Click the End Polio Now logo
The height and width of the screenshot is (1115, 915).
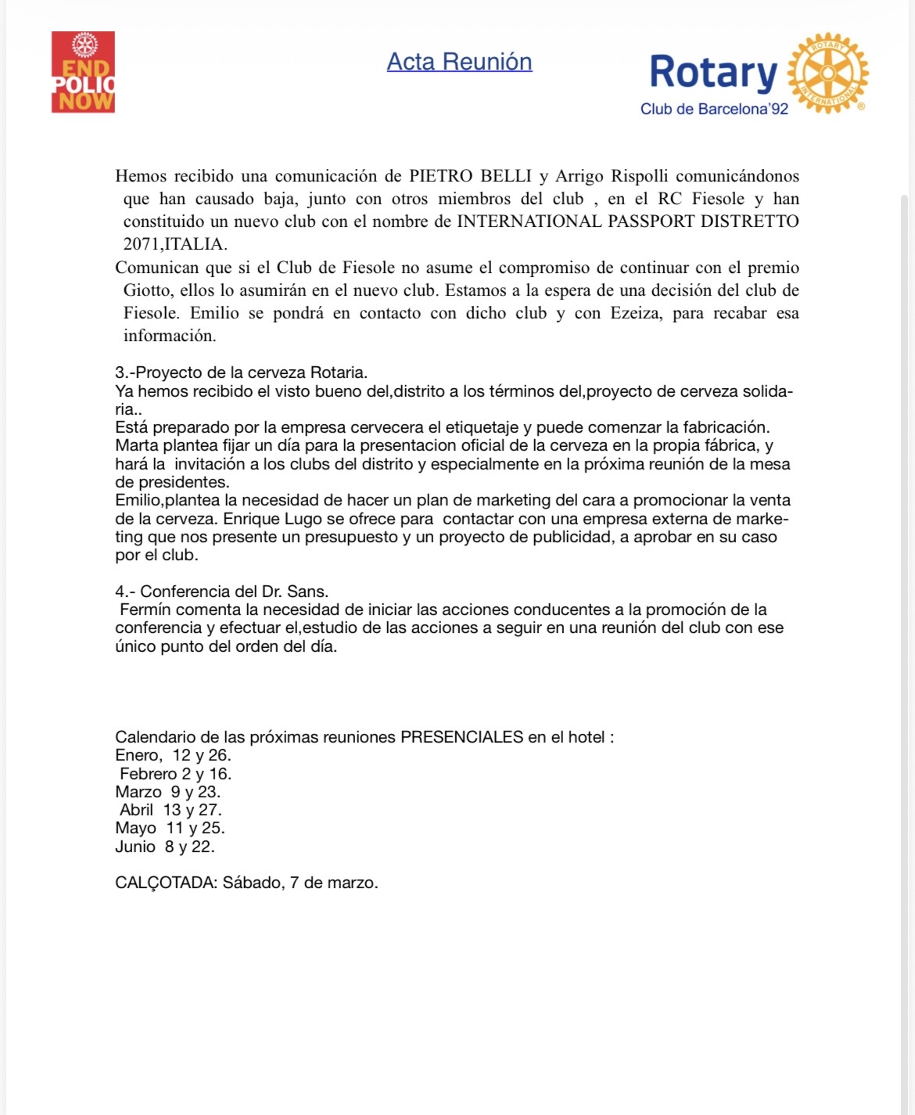(x=83, y=72)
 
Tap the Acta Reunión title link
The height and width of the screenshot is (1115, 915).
(x=459, y=62)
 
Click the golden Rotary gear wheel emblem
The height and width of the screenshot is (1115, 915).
(x=827, y=74)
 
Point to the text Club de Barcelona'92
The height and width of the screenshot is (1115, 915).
(x=714, y=110)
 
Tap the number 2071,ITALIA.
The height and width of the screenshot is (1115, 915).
(x=175, y=244)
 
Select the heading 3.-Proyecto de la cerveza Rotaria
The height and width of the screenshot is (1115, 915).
(x=241, y=372)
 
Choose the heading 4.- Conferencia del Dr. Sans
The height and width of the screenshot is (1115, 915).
(x=222, y=592)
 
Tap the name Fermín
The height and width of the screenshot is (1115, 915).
(x=145, y=610)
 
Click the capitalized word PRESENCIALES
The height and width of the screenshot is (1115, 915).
(x=461, y=737)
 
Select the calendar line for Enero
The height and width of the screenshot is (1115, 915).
(x=173, y=755)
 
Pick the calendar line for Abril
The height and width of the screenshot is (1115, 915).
(x=170, y=810)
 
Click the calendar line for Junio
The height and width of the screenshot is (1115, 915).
(x=164, y=847)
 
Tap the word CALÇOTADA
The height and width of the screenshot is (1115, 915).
(x=164, y=883)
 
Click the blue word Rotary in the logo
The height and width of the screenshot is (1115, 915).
(x=712, y=72)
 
